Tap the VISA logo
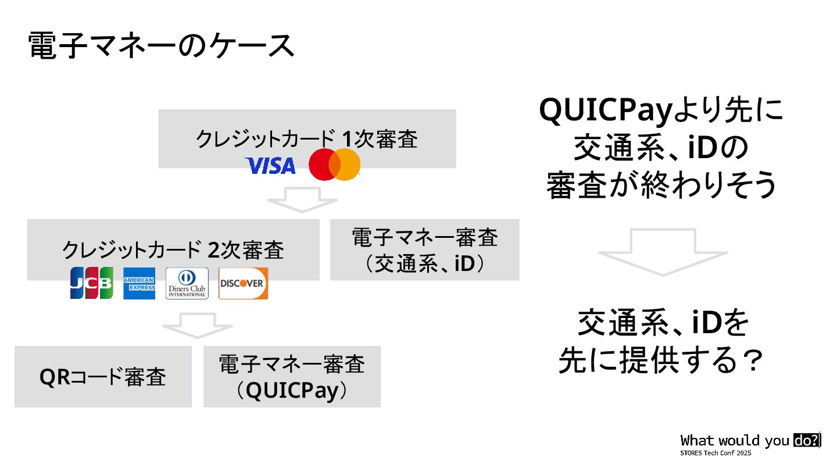(270, 166)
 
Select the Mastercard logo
(334, 165)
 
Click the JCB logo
(92, 283)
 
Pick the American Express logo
(139, 283)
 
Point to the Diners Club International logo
(187, 283)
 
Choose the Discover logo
(243, 283)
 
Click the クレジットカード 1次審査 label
(306, 140)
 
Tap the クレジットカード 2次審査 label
(173, 249)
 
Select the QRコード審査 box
(103, 377)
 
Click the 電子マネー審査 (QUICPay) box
(292, 377)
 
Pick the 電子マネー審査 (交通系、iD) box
(424, 250)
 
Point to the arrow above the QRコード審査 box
(197, 325)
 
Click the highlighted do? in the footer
(806, 440)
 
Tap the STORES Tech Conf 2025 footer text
(716, 452)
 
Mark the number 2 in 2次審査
(213, 249)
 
